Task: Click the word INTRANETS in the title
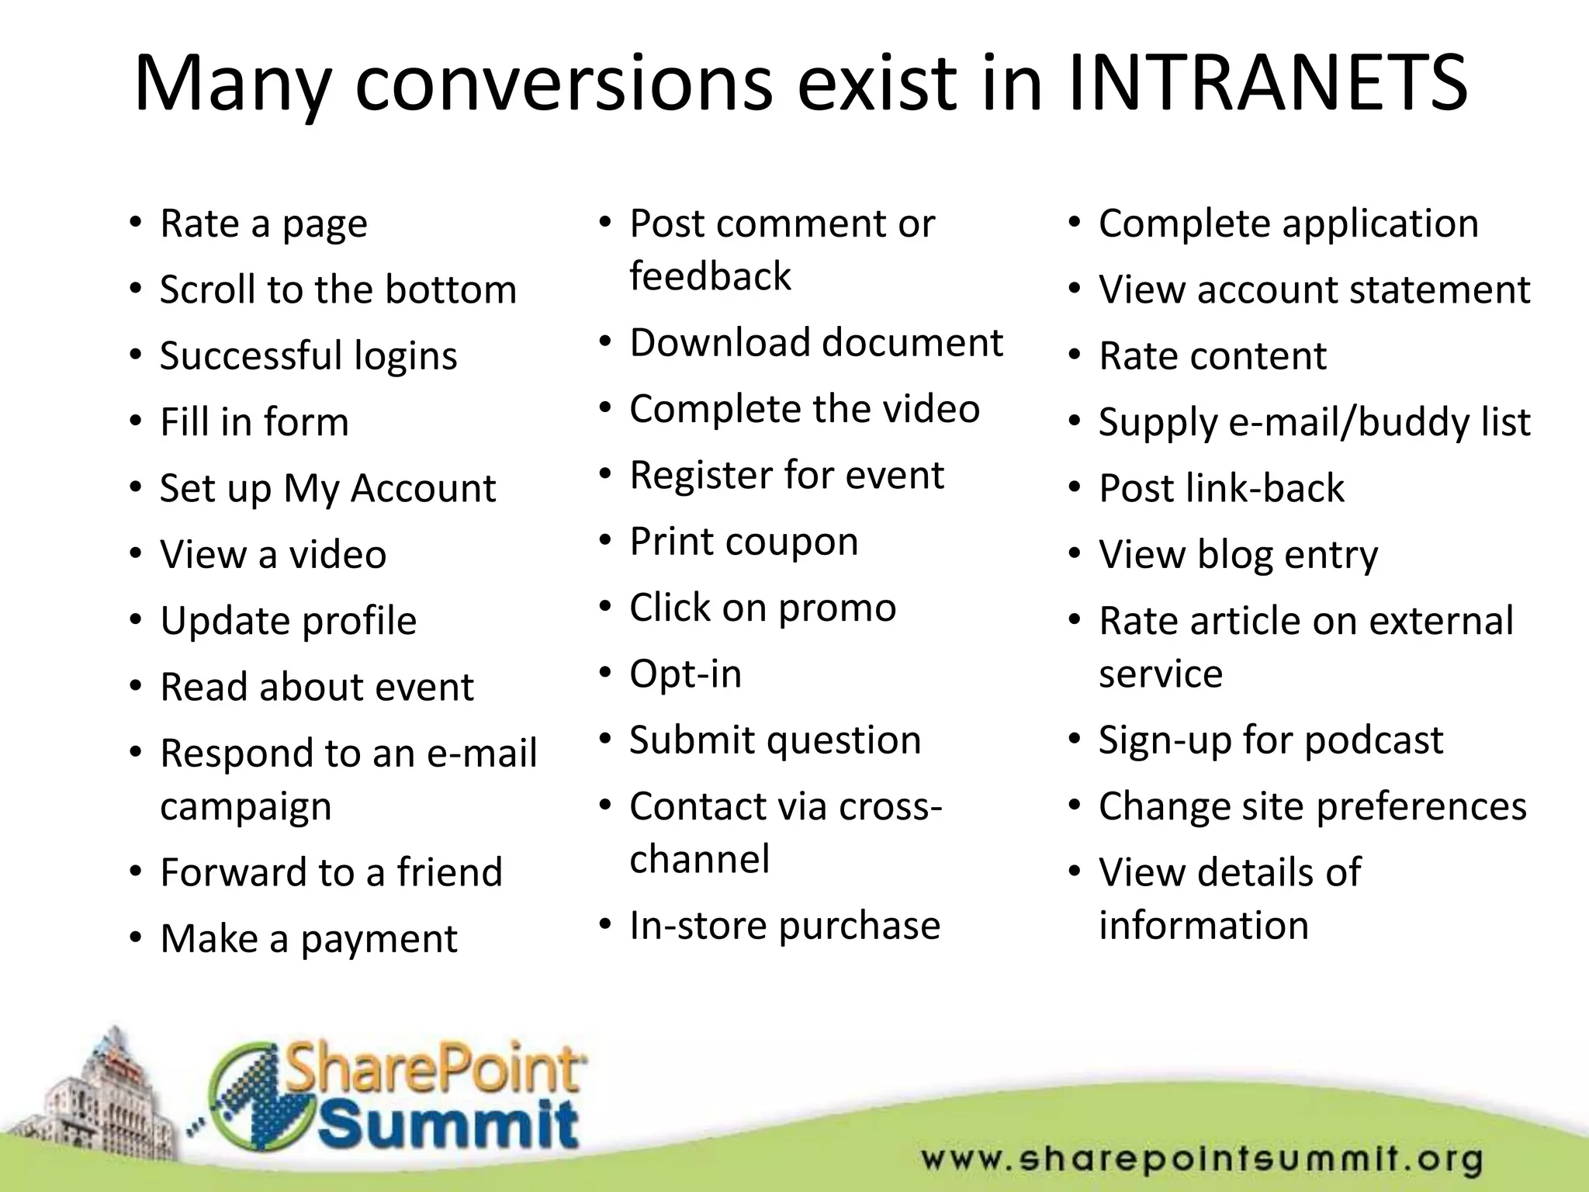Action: pos(1267,84)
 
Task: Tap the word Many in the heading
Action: pos(233,84)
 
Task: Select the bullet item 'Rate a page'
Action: pos(264,224)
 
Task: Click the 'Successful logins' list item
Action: pos(309,356)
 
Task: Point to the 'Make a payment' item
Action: pos(309,939)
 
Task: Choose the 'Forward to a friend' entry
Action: pos(331,872)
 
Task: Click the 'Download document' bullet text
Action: pos(816,343)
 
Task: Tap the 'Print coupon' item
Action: pos(744,542)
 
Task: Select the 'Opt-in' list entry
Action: pos(686,674)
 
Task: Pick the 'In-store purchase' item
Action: pos(784,926)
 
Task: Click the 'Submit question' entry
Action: pos(775,740)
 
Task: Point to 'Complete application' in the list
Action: pos(1289,224)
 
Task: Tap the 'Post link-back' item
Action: pos(1221,489)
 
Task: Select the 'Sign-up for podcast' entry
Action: pos(1271,740)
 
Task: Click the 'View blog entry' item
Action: pos(1238,555)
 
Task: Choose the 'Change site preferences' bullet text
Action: pos(1313,806)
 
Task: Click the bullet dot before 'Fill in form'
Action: pos(137,422)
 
